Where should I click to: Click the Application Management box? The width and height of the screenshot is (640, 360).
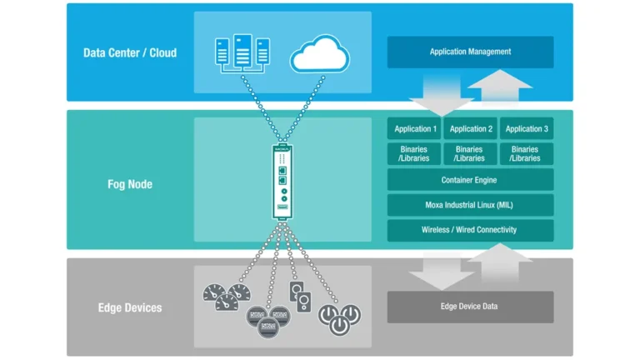470,52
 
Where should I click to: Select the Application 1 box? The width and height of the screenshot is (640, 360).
415,128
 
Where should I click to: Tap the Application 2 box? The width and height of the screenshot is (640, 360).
470,128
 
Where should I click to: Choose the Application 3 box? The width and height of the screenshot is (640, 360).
526,128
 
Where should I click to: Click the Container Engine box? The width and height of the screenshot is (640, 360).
470,179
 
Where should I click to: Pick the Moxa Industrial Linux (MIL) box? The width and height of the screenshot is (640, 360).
470,204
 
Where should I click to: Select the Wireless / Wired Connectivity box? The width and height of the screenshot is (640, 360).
470,230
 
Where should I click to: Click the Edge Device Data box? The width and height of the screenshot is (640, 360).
470,307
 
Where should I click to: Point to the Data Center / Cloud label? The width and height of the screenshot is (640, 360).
130,52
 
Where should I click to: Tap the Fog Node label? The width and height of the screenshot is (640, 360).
130,183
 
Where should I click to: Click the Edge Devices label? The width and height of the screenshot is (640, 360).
130,307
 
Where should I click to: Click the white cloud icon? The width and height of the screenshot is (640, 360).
319,55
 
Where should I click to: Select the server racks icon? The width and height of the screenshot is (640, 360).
242,52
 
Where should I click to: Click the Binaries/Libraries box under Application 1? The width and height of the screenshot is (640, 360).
415,154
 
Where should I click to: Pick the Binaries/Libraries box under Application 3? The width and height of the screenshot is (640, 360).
526,154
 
